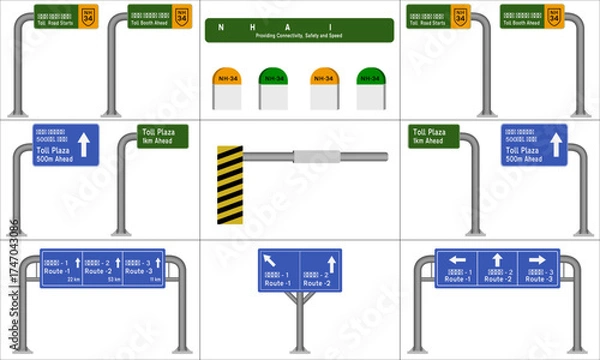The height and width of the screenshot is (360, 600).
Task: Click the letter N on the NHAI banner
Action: point(221,27)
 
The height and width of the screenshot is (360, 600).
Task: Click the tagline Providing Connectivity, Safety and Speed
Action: point(300,35)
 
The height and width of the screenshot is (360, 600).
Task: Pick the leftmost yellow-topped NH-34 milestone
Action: point(227,88)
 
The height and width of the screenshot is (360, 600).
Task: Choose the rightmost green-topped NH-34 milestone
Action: point(371,88)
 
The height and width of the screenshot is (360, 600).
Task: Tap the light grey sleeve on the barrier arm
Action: point(316,156)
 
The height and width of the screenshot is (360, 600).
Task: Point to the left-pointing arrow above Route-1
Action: point(459,260)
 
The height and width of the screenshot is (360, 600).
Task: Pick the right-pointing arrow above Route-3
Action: point(536,260)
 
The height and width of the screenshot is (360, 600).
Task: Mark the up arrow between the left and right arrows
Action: point(497,260)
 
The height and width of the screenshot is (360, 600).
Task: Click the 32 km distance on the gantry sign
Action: point(74,280)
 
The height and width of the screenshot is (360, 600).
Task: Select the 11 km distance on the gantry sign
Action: point(154,280)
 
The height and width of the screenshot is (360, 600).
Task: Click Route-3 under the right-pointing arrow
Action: point(539,279)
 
